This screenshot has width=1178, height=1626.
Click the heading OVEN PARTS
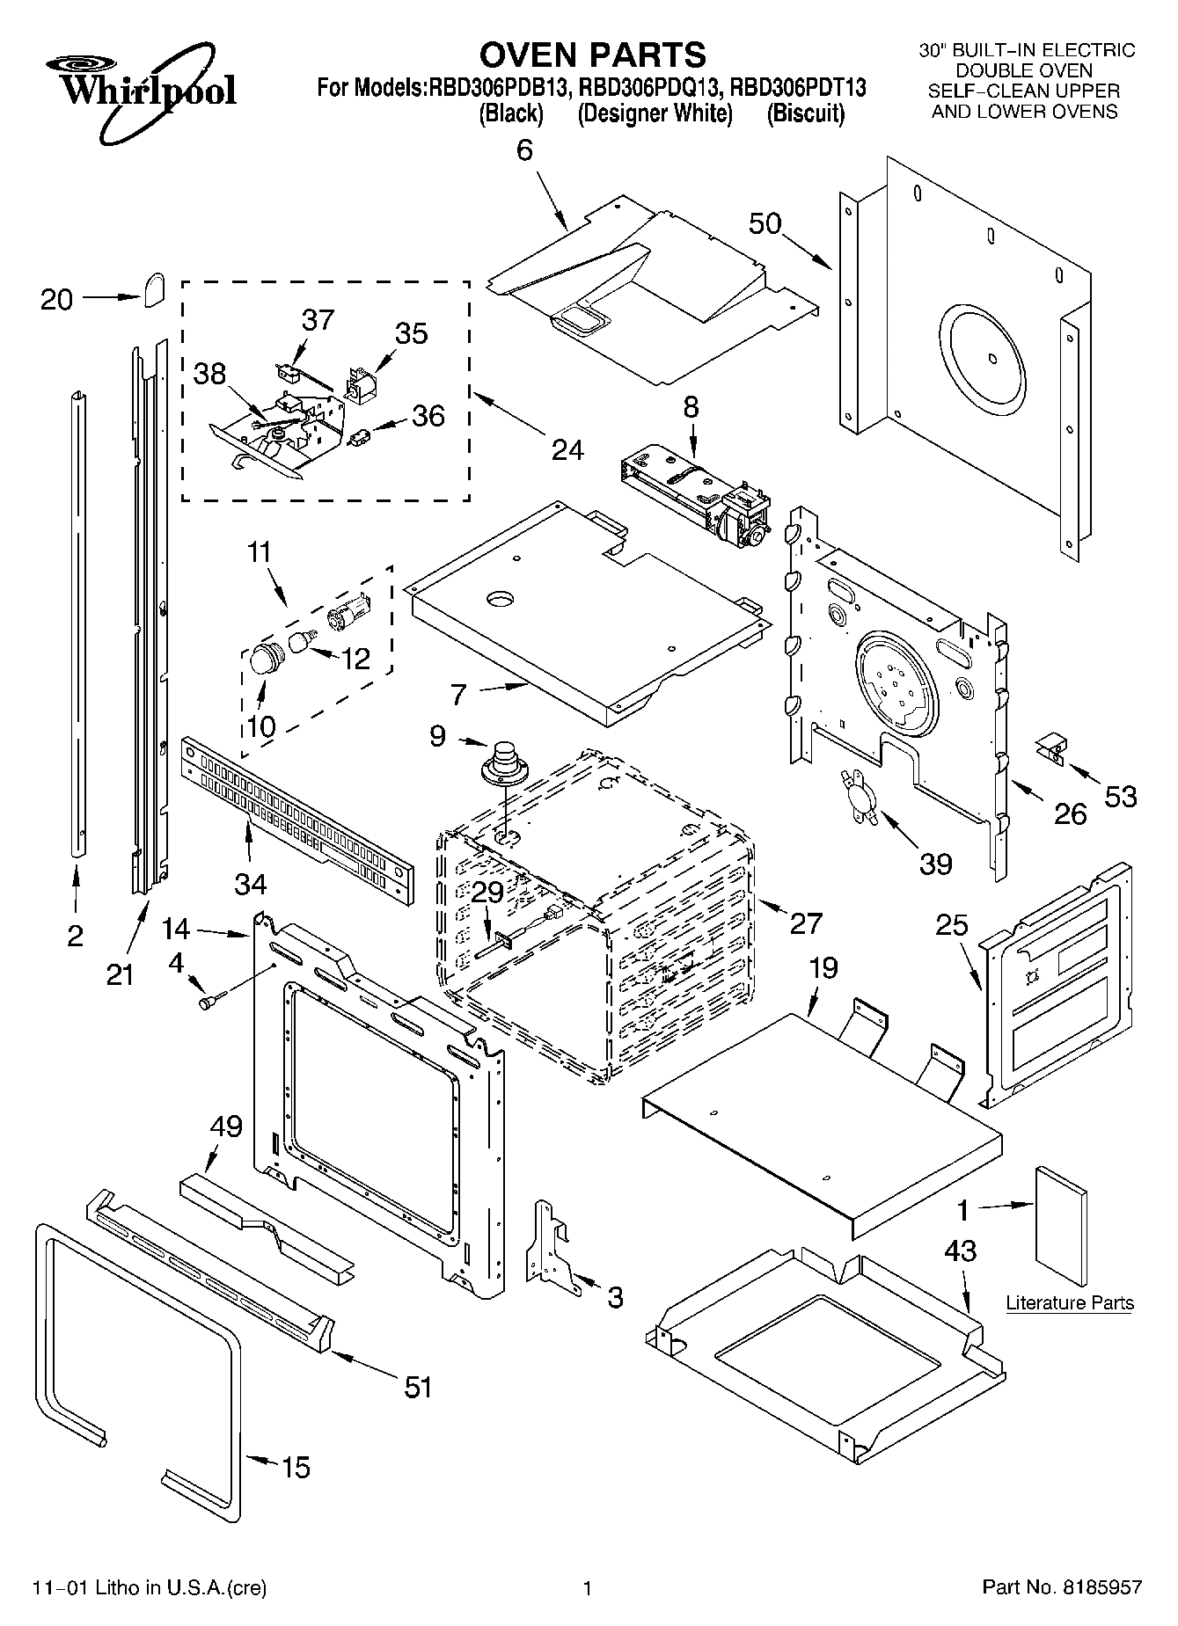pos(592,55)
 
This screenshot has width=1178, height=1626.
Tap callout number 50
pos(765,223)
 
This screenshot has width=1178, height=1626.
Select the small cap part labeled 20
pos(155,288)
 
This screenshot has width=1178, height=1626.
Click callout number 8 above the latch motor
pos(691,406)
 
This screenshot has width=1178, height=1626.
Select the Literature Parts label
pos(1069,1302)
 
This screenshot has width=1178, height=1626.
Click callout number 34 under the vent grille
pos(250,881)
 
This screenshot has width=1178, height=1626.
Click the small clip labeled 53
pos(1050,748)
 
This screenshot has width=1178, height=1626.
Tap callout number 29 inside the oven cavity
pos(487,892)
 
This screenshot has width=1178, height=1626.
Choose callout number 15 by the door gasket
pos(295,1467)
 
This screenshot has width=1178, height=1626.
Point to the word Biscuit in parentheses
pos(805,113)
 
